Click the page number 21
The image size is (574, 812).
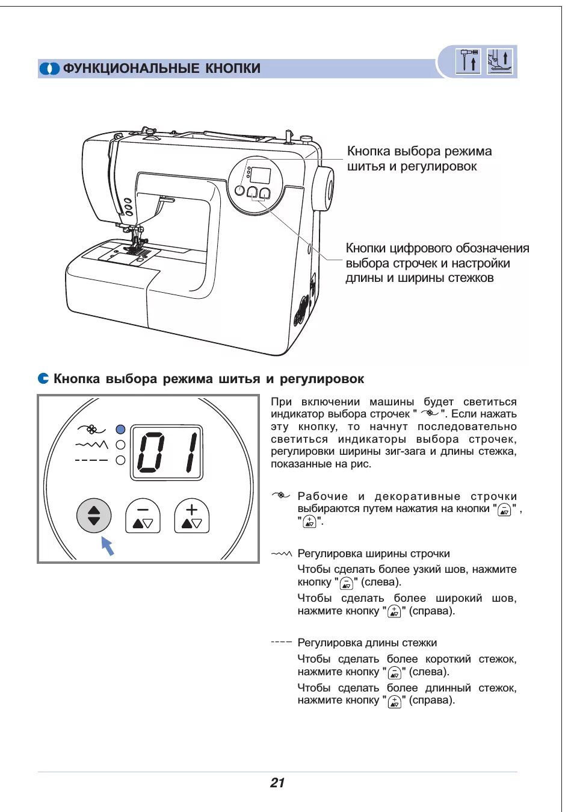click(x=277, y=782)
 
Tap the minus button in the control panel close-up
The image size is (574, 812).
click(x=143, y=516)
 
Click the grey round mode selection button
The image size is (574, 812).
click(x=94, y=516)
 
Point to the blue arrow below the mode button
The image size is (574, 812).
click(x=107, y=545)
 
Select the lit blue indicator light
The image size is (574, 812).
click(x=120, y=429)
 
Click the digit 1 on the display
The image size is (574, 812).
click(x=191, y=452)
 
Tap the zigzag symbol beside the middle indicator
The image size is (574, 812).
click(x=91, y=445)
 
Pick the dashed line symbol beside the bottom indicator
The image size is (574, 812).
click(x=91, y=460)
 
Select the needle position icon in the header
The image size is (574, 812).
click(x=468, y=61)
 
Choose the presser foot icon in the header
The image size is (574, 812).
click(x=500, y=61)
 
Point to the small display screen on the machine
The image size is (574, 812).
click(x=261, y=175)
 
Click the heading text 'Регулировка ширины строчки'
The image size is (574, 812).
click(x=374, y=554)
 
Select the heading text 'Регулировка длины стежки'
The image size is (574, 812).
click(x=367, y=643)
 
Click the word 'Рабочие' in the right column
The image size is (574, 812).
click(x=322, y=496)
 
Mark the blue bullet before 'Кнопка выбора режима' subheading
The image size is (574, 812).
click(x=43, y=378)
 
